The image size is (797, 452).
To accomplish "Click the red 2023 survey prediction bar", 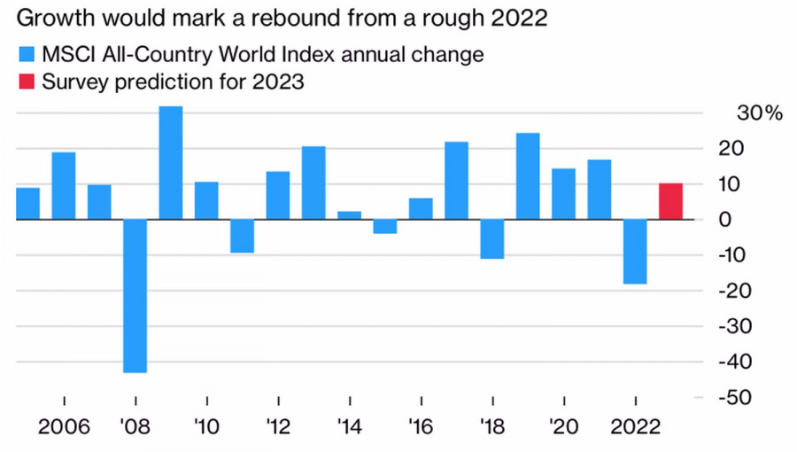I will [670, 201].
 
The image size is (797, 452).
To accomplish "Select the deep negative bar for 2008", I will [135, 295].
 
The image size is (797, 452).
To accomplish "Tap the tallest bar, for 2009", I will [171, 162].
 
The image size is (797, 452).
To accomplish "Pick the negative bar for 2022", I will [635, 251].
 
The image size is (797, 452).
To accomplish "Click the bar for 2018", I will [492, 238].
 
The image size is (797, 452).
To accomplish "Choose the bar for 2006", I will [64, 185].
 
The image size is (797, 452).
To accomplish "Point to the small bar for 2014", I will [350, 214].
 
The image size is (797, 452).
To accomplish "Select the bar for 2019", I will [528, 175].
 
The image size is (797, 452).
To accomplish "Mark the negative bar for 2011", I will [243, 236].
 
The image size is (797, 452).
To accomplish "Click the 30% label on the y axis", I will [759, 113].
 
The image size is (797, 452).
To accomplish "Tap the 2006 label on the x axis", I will [65, 427].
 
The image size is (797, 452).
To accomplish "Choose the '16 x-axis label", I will [422, 427].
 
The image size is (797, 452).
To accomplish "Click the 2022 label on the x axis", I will [635, 427].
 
